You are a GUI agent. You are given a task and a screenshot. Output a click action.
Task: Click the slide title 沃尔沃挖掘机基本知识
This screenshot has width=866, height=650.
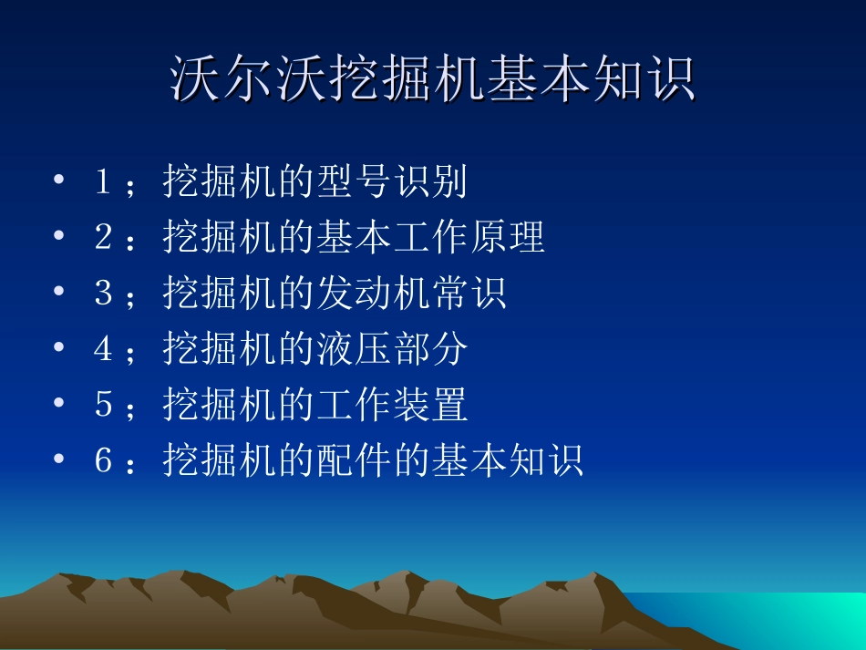tap(433, 80)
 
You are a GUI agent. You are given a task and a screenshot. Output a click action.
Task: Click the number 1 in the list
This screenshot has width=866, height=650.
tap(103, 181)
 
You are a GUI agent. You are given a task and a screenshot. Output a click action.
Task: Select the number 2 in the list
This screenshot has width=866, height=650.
tap(103, 237)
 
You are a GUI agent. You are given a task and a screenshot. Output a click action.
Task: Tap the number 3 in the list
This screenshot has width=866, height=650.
tap(103, 294)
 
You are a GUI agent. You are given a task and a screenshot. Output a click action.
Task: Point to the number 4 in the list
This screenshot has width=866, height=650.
tap(103, 349)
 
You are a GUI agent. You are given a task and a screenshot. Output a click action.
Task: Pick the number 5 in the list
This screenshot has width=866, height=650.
tap(103, 405)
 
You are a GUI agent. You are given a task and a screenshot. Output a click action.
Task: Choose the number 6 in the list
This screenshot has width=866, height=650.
tap(103, 460)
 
